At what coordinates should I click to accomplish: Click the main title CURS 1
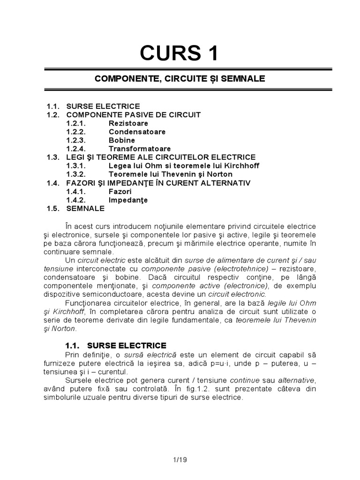tap(180, 54)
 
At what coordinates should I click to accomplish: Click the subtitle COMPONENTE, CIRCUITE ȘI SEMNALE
tap(180, 79)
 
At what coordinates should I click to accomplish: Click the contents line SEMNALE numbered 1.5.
tap(86, 208)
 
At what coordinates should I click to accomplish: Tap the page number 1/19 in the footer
tap(180, 460)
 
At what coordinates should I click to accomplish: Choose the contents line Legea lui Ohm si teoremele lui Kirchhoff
tap(184, 165)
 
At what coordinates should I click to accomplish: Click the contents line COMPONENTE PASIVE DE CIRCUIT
tap(134, 115)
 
